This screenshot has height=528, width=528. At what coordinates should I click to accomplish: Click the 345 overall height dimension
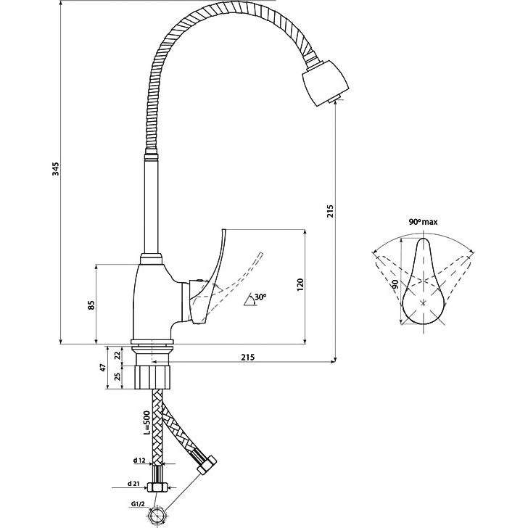click(56, 169)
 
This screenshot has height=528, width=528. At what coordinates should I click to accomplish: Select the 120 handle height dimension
click(300, 285)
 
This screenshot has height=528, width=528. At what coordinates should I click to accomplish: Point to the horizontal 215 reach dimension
click(248, 357)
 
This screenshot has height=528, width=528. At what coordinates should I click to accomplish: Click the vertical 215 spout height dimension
click(331, 211)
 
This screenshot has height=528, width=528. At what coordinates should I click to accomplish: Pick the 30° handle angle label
click(260, 297)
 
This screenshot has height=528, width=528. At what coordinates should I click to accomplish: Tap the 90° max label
click(424, 222)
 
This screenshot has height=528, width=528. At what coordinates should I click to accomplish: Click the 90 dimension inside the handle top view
click(396, 284)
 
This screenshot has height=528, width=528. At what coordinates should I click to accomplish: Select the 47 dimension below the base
click(104, 368)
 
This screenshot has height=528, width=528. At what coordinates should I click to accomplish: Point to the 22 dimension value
click(117, 355)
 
